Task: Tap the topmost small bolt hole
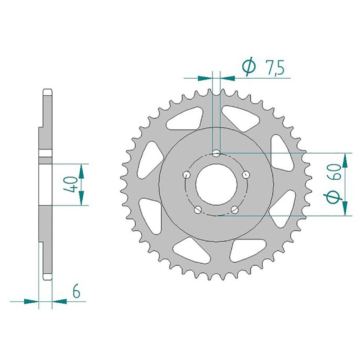(216, 153)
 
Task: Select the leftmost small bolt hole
(187, 174)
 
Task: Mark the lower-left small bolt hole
(198, 210)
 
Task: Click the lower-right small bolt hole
(234, 210)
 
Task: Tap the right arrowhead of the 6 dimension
(59, 301)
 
